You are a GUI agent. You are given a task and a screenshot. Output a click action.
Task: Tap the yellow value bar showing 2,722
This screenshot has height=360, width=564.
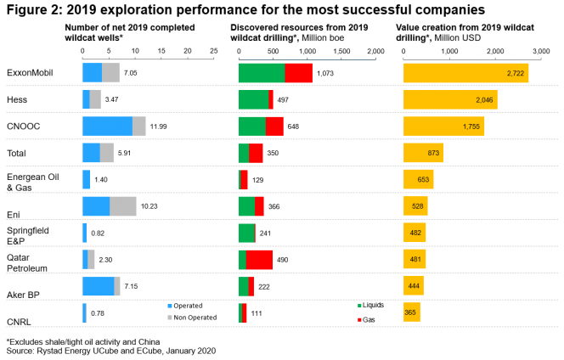[465, 73]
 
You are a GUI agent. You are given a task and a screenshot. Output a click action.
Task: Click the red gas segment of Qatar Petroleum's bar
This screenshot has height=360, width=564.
[259, 260]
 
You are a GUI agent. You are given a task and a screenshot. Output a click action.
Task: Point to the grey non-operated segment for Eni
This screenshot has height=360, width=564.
[123, 205]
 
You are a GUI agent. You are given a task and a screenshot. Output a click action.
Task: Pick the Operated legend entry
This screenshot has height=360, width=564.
[190, 305]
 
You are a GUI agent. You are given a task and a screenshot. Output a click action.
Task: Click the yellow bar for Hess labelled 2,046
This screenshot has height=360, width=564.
[450, 100]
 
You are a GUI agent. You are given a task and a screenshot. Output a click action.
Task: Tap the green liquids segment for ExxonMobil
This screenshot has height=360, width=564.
[262, 73]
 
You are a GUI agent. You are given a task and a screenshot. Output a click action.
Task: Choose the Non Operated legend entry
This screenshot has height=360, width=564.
[195, 318]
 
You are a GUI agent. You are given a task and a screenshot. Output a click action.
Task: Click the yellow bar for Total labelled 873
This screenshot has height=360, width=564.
[423, 153]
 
